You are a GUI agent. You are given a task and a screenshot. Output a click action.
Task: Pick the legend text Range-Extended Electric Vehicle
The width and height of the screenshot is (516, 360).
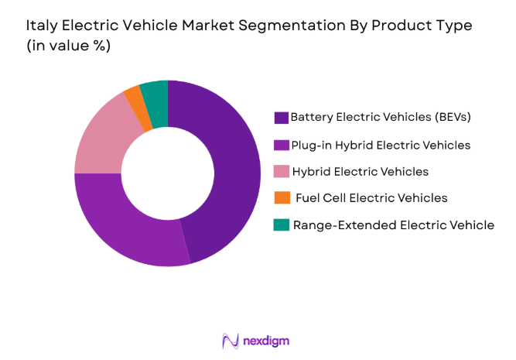pos(393,225)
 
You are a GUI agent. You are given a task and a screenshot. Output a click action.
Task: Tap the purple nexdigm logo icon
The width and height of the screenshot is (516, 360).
pos(231,340)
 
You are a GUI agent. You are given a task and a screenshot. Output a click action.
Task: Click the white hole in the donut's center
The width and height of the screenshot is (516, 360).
pos(167,173)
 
